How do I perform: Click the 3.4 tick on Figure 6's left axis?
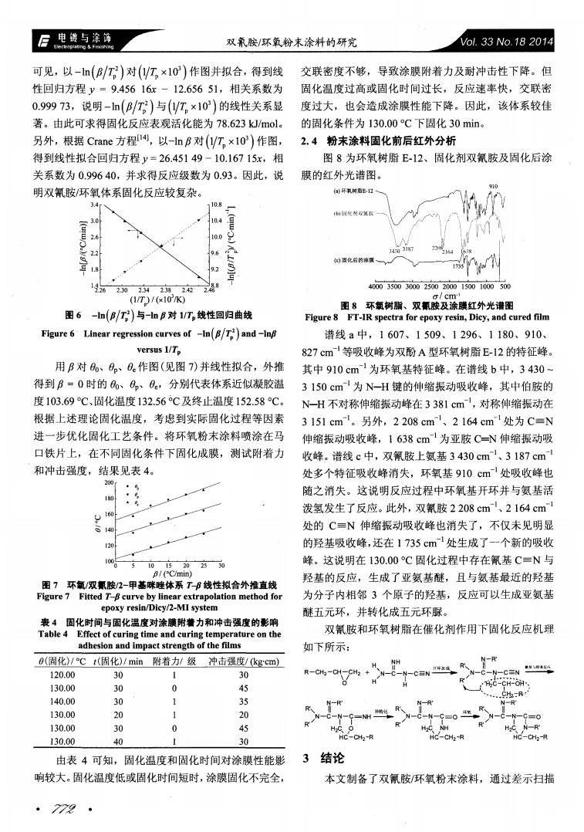[x=94, y=206]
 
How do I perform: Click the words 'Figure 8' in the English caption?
[x=322, y=316]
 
